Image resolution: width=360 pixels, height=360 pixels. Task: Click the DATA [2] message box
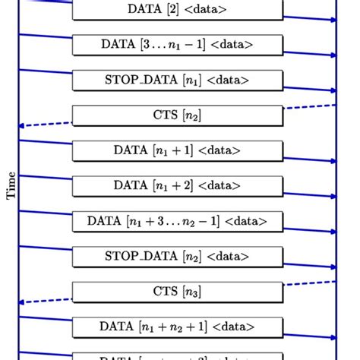tap(178, 9)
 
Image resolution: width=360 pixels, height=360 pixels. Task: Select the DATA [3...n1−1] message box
tap(178, 44)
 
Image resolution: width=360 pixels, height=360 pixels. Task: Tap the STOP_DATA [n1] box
tap(178, 80)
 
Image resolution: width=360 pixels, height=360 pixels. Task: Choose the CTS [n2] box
tap(178, 115)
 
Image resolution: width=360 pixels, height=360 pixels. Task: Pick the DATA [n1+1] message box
tap(178, 150)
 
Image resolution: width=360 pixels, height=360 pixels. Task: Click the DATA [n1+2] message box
tap(178, 185)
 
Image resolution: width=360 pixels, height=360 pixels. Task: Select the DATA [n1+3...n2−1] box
tap(178, 221)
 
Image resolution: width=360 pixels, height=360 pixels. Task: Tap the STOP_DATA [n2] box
tap(178, 256)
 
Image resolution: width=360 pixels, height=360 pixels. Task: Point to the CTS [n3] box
tap(178, 291)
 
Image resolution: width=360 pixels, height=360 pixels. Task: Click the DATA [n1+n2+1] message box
tap(178, 327)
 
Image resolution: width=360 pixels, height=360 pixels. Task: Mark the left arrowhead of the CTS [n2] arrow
tap(23, 125)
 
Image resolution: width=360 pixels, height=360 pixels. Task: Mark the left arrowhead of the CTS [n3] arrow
tap(23, 302)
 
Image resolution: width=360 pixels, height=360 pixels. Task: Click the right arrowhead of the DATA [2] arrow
tap(333, 20)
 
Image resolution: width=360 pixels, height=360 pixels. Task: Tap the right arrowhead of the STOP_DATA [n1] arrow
tap(333, 90)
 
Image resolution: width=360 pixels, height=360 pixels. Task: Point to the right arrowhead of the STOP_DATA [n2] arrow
tap(333, 267)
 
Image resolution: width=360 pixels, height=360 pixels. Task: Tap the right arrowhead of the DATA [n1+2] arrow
tap(333, 196)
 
